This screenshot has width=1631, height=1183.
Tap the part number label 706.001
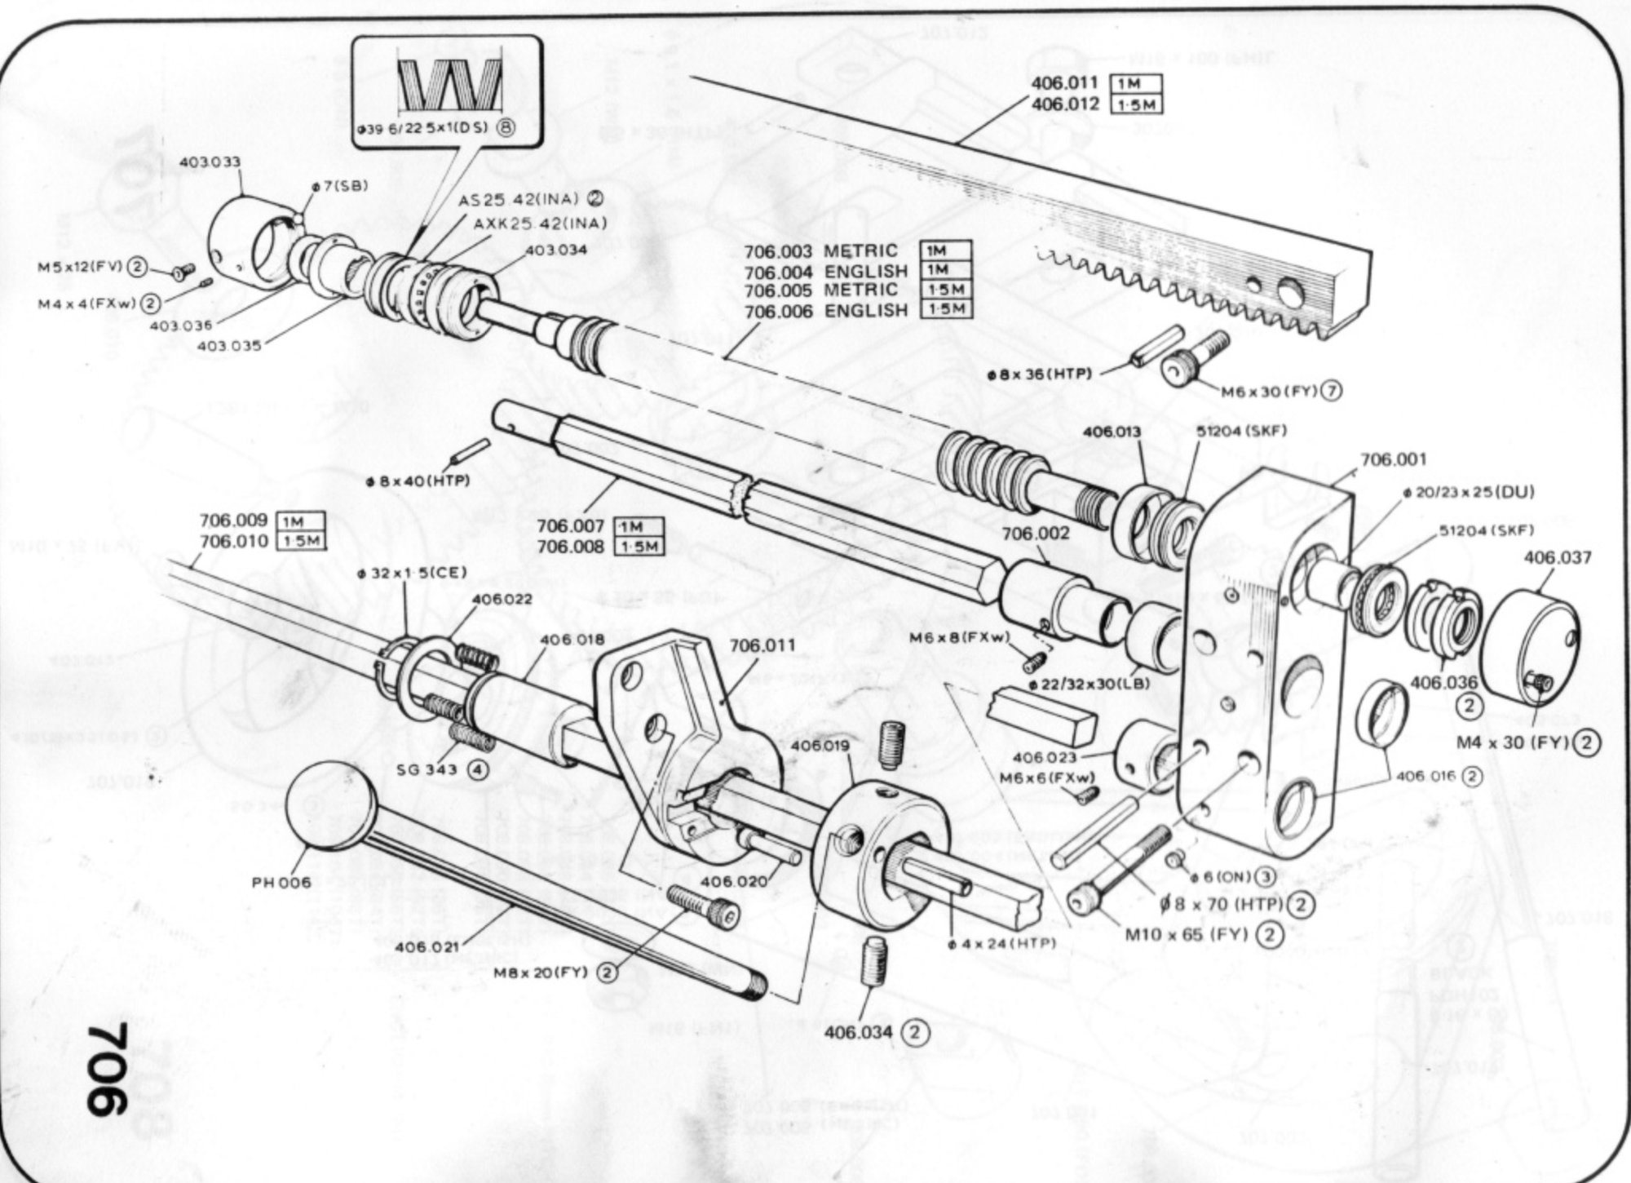(x=1393, y=459)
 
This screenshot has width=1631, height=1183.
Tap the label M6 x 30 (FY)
(x=1269, y=392)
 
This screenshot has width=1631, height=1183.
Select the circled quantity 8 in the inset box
(x=505, y=129)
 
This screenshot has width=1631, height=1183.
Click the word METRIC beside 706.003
(x=860, y=250)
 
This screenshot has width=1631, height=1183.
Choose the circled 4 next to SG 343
(x=477, y=769)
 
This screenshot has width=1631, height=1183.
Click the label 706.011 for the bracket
(x=762, y=646)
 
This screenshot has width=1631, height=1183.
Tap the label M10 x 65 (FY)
(x=1187, y=933)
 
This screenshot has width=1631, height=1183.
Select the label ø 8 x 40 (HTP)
(x=418, y=481)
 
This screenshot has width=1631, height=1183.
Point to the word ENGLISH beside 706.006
(x=865, y=311)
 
